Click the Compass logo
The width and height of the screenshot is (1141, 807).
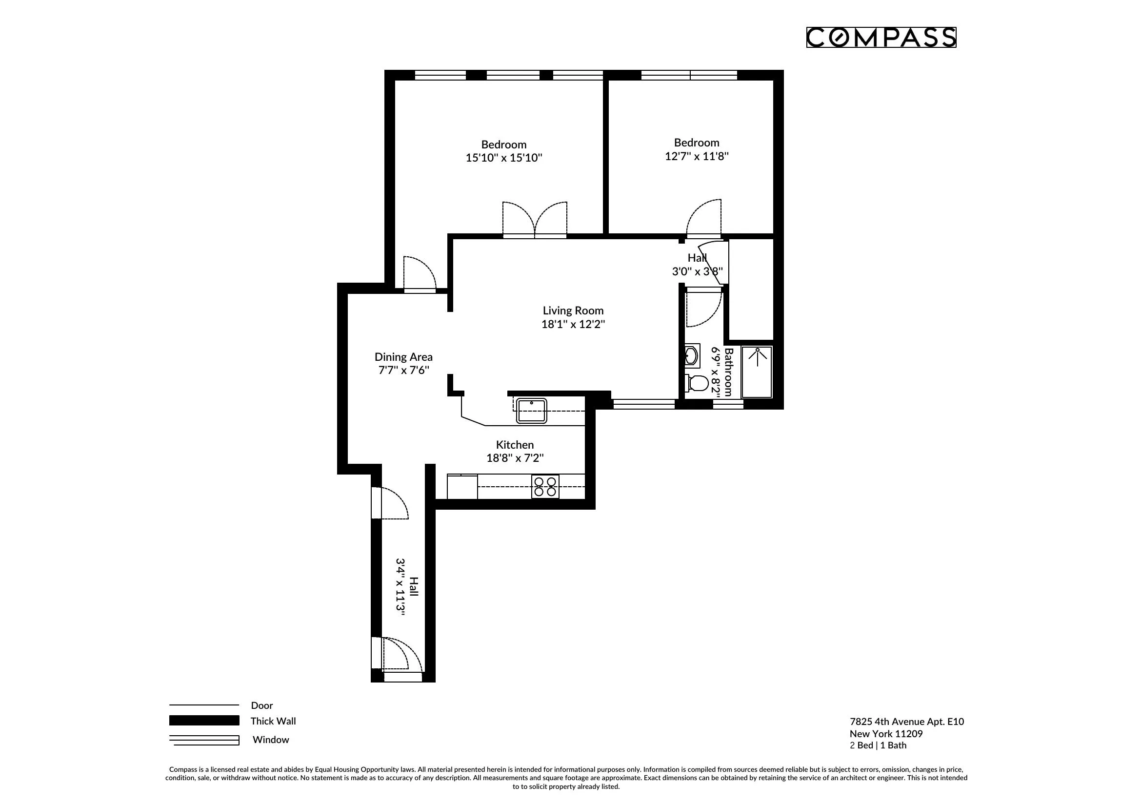[x=881, y=38]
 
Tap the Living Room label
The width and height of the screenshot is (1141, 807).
[x=573, y=311]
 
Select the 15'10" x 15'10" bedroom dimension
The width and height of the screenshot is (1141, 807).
[x=503, y=158]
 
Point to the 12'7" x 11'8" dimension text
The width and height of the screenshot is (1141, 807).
[x=696, y=156]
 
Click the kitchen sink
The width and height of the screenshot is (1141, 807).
[x=531, y=411]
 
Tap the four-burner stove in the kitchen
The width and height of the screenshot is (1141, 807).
[x=545, y=486]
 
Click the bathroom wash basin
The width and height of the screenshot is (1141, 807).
[x=692, y=355]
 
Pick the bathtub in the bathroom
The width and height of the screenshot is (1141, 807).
[x=757, y=372]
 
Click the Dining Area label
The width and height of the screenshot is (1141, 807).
[x=403, y=357]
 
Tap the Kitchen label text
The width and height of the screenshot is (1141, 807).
[x=515, y=445]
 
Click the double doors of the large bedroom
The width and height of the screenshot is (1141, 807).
[x=535, y=220]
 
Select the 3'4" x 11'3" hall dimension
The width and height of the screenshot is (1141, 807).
[x=400, y=587]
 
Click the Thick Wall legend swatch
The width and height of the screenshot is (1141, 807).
[x=204, y=721]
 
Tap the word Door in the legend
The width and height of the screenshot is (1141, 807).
[x=262, y=705]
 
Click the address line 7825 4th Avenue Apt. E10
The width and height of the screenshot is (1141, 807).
[x=906, y=722]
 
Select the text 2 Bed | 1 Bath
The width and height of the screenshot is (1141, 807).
[x=878, y=745]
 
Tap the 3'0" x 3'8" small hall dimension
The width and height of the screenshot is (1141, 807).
[x=697, y=271]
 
